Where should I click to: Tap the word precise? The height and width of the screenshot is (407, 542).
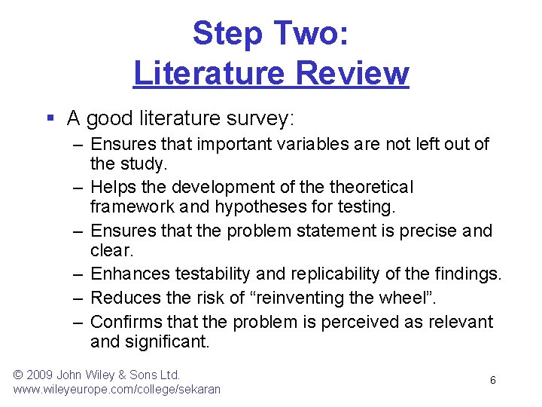click(429, 231)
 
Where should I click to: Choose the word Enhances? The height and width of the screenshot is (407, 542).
click(129, 274)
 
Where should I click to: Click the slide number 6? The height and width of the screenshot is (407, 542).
click(493, 381)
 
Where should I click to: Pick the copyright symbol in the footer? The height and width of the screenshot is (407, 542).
click(19, 374)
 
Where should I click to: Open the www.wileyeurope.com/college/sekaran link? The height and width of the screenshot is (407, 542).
click(117, 389)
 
